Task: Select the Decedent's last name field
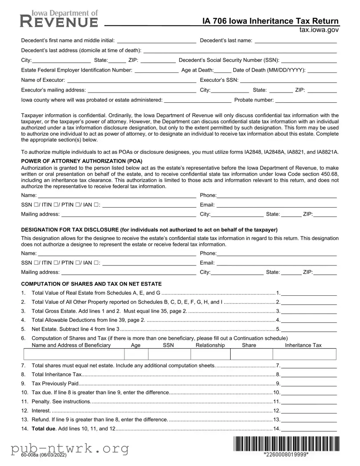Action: tap(295, 41)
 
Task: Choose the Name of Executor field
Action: tap(131, 80)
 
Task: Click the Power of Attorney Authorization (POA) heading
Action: tap(82, 161)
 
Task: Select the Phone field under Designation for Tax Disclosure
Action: tap(276, 253)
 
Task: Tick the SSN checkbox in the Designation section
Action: tap(35, 263)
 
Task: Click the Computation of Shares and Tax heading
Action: tap(91, 284)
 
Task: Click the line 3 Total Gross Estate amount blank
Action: tap(308, 311)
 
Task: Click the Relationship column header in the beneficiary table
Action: tap(210, 345)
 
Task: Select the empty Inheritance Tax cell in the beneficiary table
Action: tap(304, 354)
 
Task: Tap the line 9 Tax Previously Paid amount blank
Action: tap(308, 383)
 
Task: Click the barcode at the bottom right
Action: tap(285, 444)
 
